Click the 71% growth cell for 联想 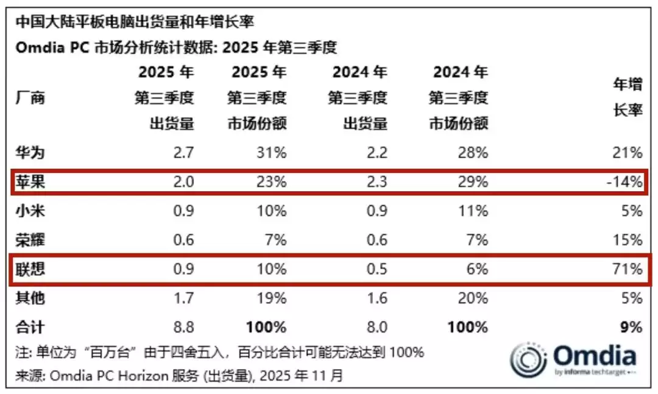click(628, 269)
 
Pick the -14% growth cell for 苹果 click(625, 181)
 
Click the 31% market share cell click(272, 152)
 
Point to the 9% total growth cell click(631, 327)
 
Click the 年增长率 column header click(627, 99)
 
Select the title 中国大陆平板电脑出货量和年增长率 click(134, 23)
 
